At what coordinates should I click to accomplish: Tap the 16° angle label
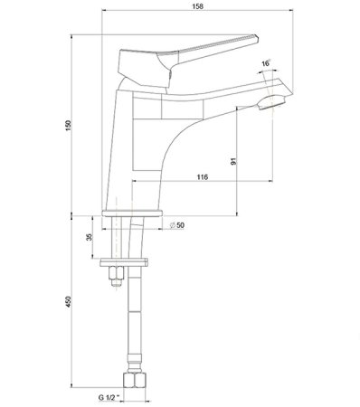[265, 63]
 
